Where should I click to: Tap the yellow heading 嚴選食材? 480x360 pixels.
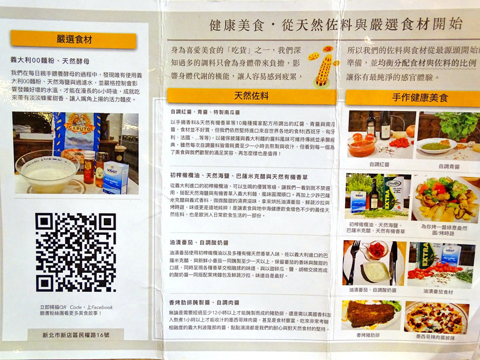point(74,39)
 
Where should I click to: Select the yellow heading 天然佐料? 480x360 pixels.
point(251,96)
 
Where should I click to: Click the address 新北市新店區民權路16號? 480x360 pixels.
point(76,335)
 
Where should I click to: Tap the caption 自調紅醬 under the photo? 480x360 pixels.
point(379,164)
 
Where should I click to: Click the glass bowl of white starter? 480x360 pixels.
point(46,172)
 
